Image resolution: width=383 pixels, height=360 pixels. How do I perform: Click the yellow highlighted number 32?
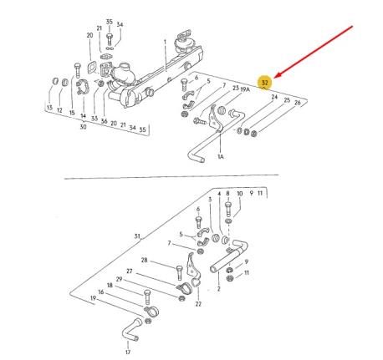click(x=264, y=82)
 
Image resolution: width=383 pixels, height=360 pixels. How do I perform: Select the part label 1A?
click(x=220, y=156)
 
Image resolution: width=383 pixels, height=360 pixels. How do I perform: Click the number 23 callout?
click(x=236, y=87)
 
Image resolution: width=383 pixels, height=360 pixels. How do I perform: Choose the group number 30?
click(x=82, y=128)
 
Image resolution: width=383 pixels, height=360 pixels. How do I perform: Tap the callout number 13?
click(x=49, y=109)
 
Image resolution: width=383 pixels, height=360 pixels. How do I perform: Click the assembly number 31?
click(x=137, y=236)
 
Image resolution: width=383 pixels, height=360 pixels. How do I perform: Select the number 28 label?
click(x=144, y=260)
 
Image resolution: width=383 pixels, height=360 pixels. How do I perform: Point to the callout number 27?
click(x=129, y=271)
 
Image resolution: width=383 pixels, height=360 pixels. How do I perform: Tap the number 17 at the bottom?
click(x=128, y=352)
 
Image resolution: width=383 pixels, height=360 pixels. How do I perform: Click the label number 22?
click(x=198, y=304)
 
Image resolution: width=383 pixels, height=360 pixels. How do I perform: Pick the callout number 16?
click(x=101, y=292)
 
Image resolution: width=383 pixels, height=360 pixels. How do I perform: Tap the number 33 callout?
click(x=94, y=119)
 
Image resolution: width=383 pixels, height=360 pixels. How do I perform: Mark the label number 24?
click(x=273, y=98)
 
